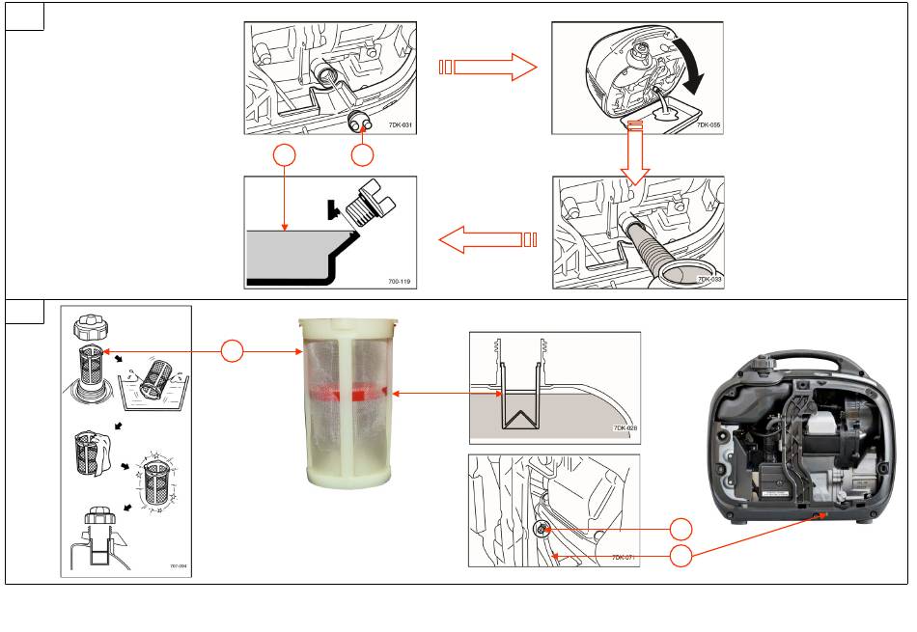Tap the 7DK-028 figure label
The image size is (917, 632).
(x=625, y=427)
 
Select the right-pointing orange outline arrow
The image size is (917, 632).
(x=487, y=67)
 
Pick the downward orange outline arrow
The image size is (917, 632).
(x=635, y=152)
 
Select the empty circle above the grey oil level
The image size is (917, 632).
(x=283, y=156)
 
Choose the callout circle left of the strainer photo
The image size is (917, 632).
(x=232, y=352)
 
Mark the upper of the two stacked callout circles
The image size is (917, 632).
(x=681, y=529)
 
